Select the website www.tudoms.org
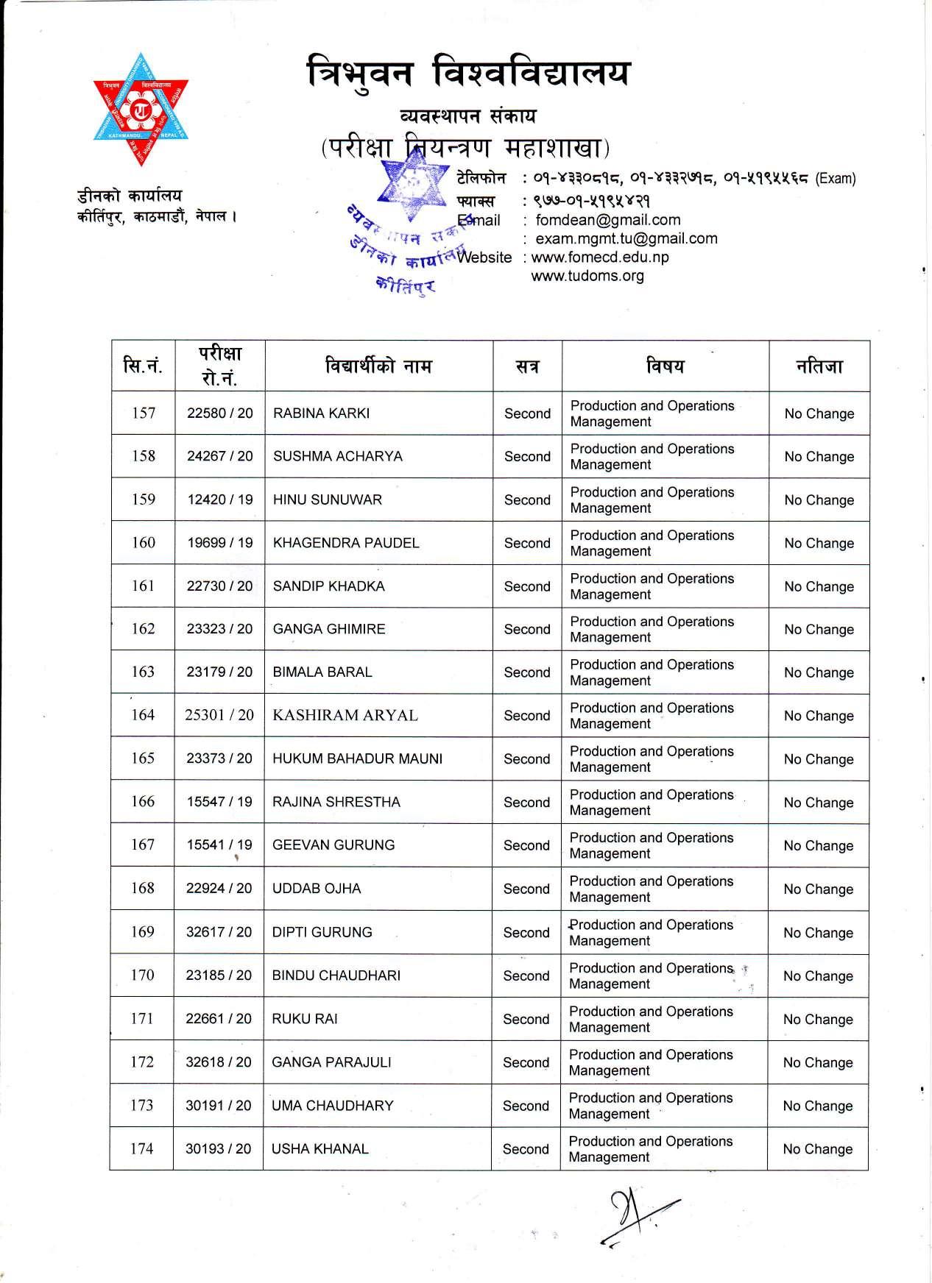point(587,276)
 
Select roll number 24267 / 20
point(219,456)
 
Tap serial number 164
point(143,715)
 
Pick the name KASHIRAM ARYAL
point(345,715)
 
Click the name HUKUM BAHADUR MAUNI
point(357,758)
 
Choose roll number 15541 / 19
point(219,845)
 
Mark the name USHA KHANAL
point(320,1148)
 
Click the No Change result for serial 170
point(818,976)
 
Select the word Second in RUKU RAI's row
point(526,1019)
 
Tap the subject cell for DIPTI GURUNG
point(652,932)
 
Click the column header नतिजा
point(819,366)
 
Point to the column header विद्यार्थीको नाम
point(378,366)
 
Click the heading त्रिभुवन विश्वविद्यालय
point(469,76)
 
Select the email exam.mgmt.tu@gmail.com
point(626,238)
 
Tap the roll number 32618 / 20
point(219,1062)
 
